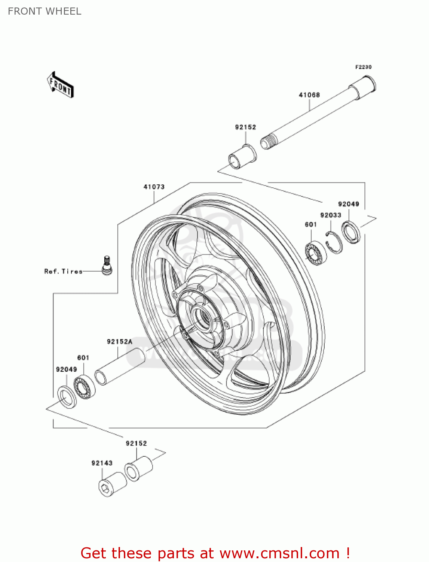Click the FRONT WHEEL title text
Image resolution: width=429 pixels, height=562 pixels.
pyautogui.click(x=45, y=11)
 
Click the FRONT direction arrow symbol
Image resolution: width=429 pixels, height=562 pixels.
pyautogui.click(x=60, y=85)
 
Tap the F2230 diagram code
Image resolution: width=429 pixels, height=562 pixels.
pyautogui.click(x=363, y=67)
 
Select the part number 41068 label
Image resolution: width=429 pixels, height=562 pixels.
pyautogui.click(x=309, y=95)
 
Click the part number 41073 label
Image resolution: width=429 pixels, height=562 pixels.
pyautogui.click(x=154, y=187)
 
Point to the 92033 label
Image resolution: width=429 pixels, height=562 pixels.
pyautogui.click(x=331, y=215)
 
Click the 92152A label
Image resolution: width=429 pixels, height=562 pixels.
pyautogui.click(x=119, y=341)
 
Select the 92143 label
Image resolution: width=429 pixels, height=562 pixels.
pyautogui.click(x=102, y=463)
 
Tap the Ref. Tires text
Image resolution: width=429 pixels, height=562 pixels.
pyautogui.click(x=63, y=271)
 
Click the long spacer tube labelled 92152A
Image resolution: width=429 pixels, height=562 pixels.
pyautogui.click(x=120, y=366)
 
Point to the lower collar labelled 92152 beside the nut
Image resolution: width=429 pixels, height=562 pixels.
pyautogui.click(x=138, y=468)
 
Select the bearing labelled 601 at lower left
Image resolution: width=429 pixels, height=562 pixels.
pyautogui.click(x=84, y=386)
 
